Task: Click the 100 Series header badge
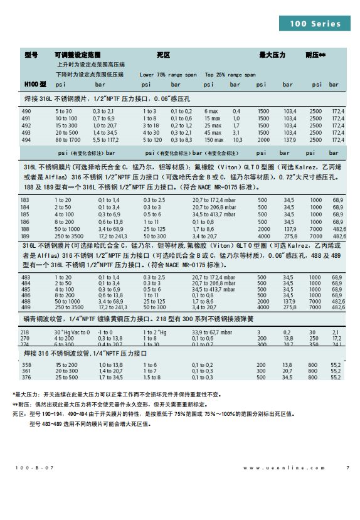click(315, 24)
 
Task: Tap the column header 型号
click(31, 55)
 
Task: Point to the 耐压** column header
click(315, 55)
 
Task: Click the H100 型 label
click(35, 84)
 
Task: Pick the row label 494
click(26, 140)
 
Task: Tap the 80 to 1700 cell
click(67, 140)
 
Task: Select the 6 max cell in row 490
click(211, 111)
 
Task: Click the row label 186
click(25, 222)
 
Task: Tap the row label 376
click(26, 378)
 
